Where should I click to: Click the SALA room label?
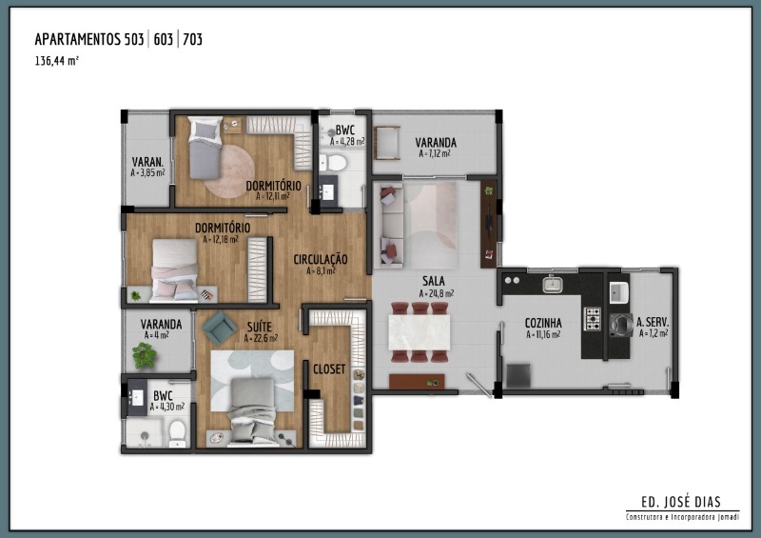(434, 281)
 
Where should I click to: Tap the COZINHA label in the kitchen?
(543, 323)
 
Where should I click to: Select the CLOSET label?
(329, 369)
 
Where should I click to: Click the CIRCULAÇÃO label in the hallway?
(321, 260)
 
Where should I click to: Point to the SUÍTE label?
(259, 327)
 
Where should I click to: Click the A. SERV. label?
(653, 322)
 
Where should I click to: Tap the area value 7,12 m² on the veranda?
(435, 153)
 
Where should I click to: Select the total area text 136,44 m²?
(56, 61)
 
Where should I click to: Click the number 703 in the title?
(193, 39)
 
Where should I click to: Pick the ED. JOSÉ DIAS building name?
(681, 502)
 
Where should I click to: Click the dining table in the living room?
(419, 332)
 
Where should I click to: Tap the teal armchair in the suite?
(220, 329)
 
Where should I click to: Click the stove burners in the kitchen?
(592, 318)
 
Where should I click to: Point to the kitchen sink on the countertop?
(553, 284)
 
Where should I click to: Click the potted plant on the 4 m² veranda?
(145, 355)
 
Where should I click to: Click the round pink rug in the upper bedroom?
(229, 171)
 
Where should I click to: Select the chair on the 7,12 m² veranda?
(387, 143)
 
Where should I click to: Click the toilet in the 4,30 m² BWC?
(178, 433)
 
